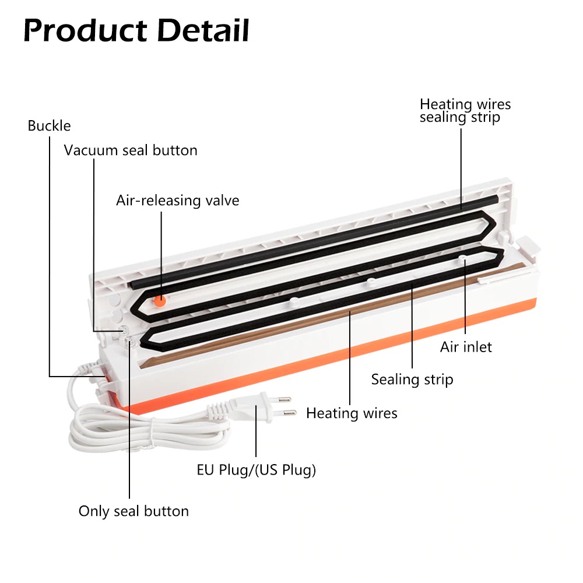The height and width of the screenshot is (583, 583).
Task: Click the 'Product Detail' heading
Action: pyautogui.click(x=136, y=31)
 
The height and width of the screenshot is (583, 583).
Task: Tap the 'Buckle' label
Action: pyautogui.click(x=49, y=125)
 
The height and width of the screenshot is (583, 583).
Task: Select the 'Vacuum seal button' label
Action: pyautogui.click(x=131, y=150)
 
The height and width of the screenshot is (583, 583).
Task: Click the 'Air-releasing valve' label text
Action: pyautogui.click(x=177, y=201)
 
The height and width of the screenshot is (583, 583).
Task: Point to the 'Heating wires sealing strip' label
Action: pyautogui.click(x=465, y=110)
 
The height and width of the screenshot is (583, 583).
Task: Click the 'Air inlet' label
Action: pyautogui.click(x=466, y=347)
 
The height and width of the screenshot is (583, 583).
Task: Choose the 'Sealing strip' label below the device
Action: pyautogui.click(x=412, y=380)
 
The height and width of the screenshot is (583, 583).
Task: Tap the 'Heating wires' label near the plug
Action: pyautogui.click(x=352, y=413)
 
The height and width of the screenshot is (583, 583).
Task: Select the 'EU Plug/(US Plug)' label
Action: pyautogui.click(x=256, y=469)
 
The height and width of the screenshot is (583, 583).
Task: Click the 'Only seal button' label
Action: pyautogui.click(x=134, y=511)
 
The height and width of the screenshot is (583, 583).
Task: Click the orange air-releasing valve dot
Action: pyautogui.click(x=159, y=300)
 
